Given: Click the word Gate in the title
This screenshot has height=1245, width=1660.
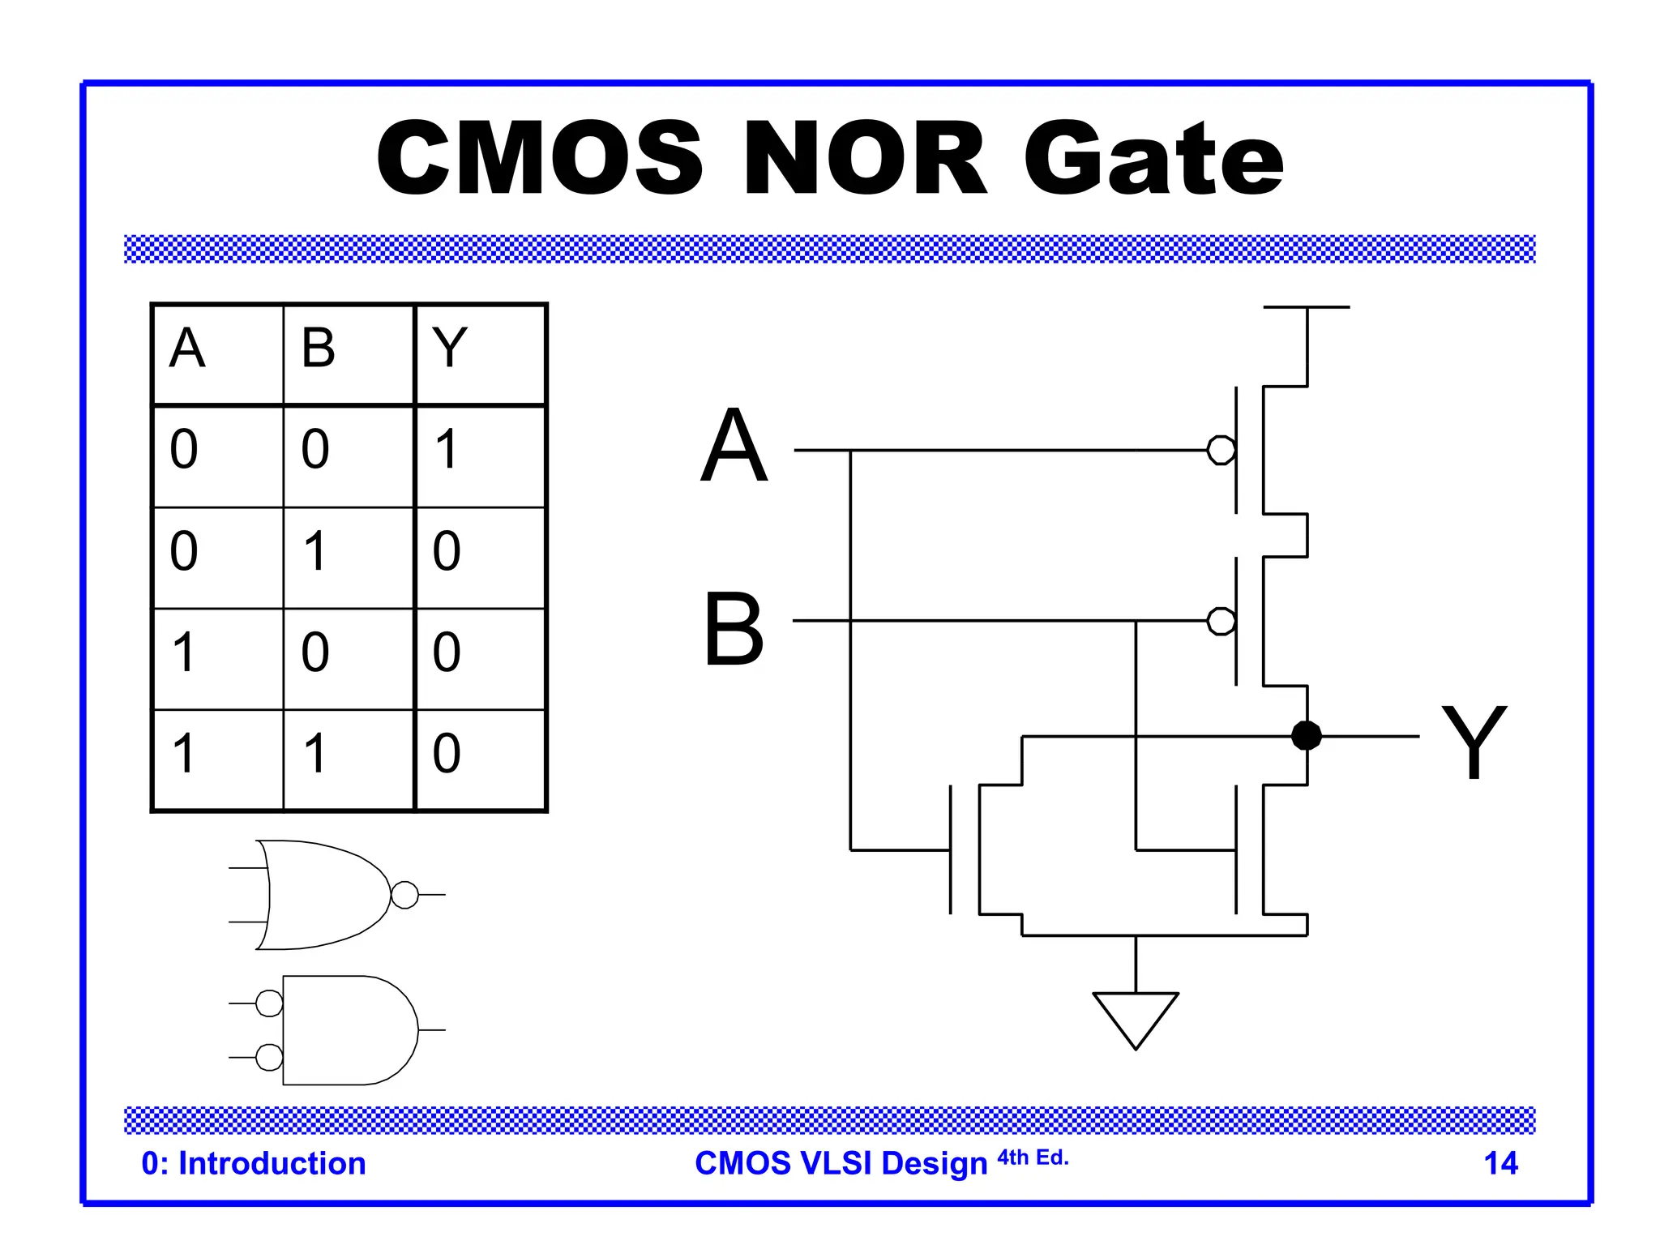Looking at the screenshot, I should [1154, 159].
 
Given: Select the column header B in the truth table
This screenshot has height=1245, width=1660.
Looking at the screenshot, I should [318, 349].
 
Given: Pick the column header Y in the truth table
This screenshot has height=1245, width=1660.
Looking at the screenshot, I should [450, 349].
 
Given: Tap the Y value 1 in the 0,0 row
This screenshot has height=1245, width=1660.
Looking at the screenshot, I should [447, 450].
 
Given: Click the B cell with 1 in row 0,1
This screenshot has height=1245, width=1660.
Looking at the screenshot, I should [315, 551].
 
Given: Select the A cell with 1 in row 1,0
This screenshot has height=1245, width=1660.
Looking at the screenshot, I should [184, 652].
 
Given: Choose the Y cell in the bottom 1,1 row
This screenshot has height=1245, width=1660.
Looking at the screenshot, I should [447, 754].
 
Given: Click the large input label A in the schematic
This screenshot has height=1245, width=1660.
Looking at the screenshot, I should [734, 446].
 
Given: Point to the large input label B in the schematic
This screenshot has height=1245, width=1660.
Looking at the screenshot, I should [734, 628].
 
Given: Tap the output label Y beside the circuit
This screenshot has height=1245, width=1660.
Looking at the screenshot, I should [1473, 742].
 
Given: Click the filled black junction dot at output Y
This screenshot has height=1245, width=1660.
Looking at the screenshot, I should [1306, 736].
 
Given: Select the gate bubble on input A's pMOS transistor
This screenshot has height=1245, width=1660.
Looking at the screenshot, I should [1221, 450].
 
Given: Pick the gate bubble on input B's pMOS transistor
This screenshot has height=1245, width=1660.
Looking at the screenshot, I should [1221, 622].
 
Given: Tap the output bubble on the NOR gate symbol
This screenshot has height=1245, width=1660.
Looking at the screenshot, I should [404, 895].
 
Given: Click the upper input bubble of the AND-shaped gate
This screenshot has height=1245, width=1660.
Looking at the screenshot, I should [269, 1003].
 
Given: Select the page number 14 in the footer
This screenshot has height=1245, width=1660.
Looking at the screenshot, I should [1500, 1164].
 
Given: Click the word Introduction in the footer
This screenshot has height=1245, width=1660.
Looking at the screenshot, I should [272, 1164].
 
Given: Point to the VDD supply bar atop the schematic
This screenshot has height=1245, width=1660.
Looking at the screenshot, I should [1306, 307].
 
